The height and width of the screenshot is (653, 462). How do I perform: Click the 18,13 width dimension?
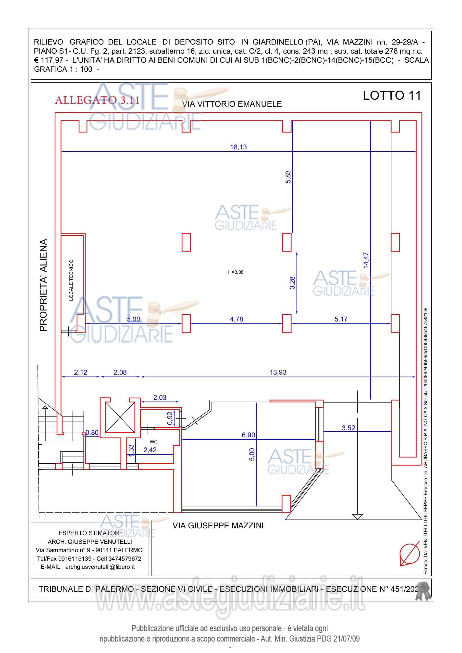238,147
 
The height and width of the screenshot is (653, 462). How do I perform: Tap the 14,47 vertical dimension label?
366,260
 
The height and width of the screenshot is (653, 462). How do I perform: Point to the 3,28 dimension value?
292,283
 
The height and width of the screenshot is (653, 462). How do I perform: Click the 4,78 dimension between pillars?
237,319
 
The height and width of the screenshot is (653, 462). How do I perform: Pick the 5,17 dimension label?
341,319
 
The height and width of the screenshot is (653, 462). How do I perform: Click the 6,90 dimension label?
249,435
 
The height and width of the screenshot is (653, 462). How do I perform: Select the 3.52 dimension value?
349,428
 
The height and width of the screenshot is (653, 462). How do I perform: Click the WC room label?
153,442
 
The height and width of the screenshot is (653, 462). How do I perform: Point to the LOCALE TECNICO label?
71,280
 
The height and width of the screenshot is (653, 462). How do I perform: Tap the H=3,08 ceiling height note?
236,272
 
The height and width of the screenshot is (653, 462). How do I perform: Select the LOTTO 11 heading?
392,95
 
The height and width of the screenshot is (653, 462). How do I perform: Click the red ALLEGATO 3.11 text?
97,100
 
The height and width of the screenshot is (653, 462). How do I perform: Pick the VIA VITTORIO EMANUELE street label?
232,104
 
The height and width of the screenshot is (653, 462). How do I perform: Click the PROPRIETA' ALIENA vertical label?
43,285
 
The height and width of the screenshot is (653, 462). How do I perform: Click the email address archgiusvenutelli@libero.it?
100,567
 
